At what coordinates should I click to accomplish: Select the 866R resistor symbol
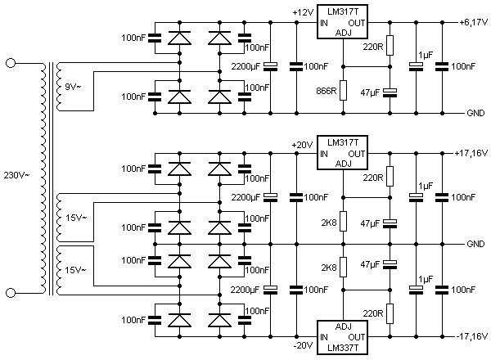pos(343,91)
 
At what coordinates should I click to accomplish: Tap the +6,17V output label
pos(474,23)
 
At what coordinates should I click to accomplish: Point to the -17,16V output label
pos(472,336)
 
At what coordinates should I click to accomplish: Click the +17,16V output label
pos(471,153)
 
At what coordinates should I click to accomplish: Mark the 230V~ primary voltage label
pos(16,175)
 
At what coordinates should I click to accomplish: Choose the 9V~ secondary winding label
pos(73,87)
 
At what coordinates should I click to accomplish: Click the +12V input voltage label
pos(303,13)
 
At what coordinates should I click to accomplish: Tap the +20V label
pos(302,146)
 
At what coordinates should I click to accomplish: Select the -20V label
pos(303,345)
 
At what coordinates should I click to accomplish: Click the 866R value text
pos(327,91)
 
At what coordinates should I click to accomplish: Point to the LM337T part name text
pos(343,348)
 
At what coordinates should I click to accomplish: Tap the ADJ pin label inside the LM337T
pos(344,326)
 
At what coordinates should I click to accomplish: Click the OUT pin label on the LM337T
pos(356,337)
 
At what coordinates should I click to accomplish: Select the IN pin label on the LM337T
pos(324,337)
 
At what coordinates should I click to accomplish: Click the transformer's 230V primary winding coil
pos(43,178)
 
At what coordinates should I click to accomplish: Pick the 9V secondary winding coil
pos(59,87)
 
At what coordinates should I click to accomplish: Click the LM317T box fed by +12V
pos(342,22)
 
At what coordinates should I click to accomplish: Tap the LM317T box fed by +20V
pos(342,153)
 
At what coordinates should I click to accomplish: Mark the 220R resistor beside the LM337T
pos(390,313)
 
